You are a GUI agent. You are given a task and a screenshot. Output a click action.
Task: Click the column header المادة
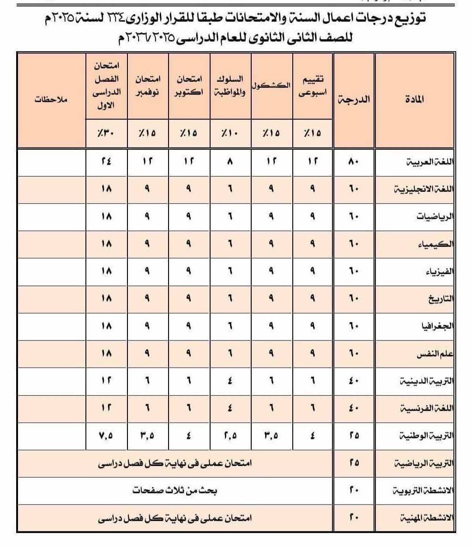click(417, 99)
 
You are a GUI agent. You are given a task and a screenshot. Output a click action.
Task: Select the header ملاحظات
click(51, 99)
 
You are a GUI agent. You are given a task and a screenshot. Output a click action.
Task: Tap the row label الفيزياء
click(439, 271)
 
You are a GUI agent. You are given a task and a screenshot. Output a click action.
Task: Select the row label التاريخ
click(440, 299)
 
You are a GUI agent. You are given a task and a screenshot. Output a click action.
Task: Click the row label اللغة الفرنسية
click(429, 408)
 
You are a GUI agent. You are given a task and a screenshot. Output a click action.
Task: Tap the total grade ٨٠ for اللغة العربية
click(354, 162)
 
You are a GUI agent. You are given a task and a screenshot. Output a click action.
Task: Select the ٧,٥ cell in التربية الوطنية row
click(106, 436)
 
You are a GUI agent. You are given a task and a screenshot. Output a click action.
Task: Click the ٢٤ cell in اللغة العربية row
click(106, 162)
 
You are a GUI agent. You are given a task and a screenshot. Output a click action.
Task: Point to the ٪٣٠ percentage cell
click(106, 133)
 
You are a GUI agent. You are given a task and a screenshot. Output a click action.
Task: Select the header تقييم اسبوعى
click(312, 86)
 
